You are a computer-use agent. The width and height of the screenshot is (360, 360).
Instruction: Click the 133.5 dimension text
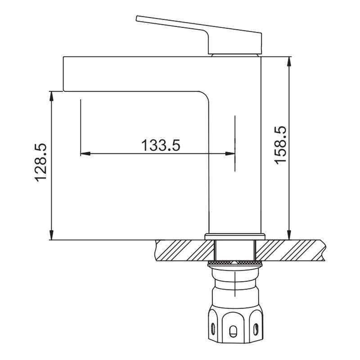161,145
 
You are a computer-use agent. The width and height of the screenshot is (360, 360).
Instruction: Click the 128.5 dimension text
41,163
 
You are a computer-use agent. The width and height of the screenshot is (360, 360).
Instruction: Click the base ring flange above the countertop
235,237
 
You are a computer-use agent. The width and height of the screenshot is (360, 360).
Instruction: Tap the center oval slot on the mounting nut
234,332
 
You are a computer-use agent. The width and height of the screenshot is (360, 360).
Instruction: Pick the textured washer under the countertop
235,262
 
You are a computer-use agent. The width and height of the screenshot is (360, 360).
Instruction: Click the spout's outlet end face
63,74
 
